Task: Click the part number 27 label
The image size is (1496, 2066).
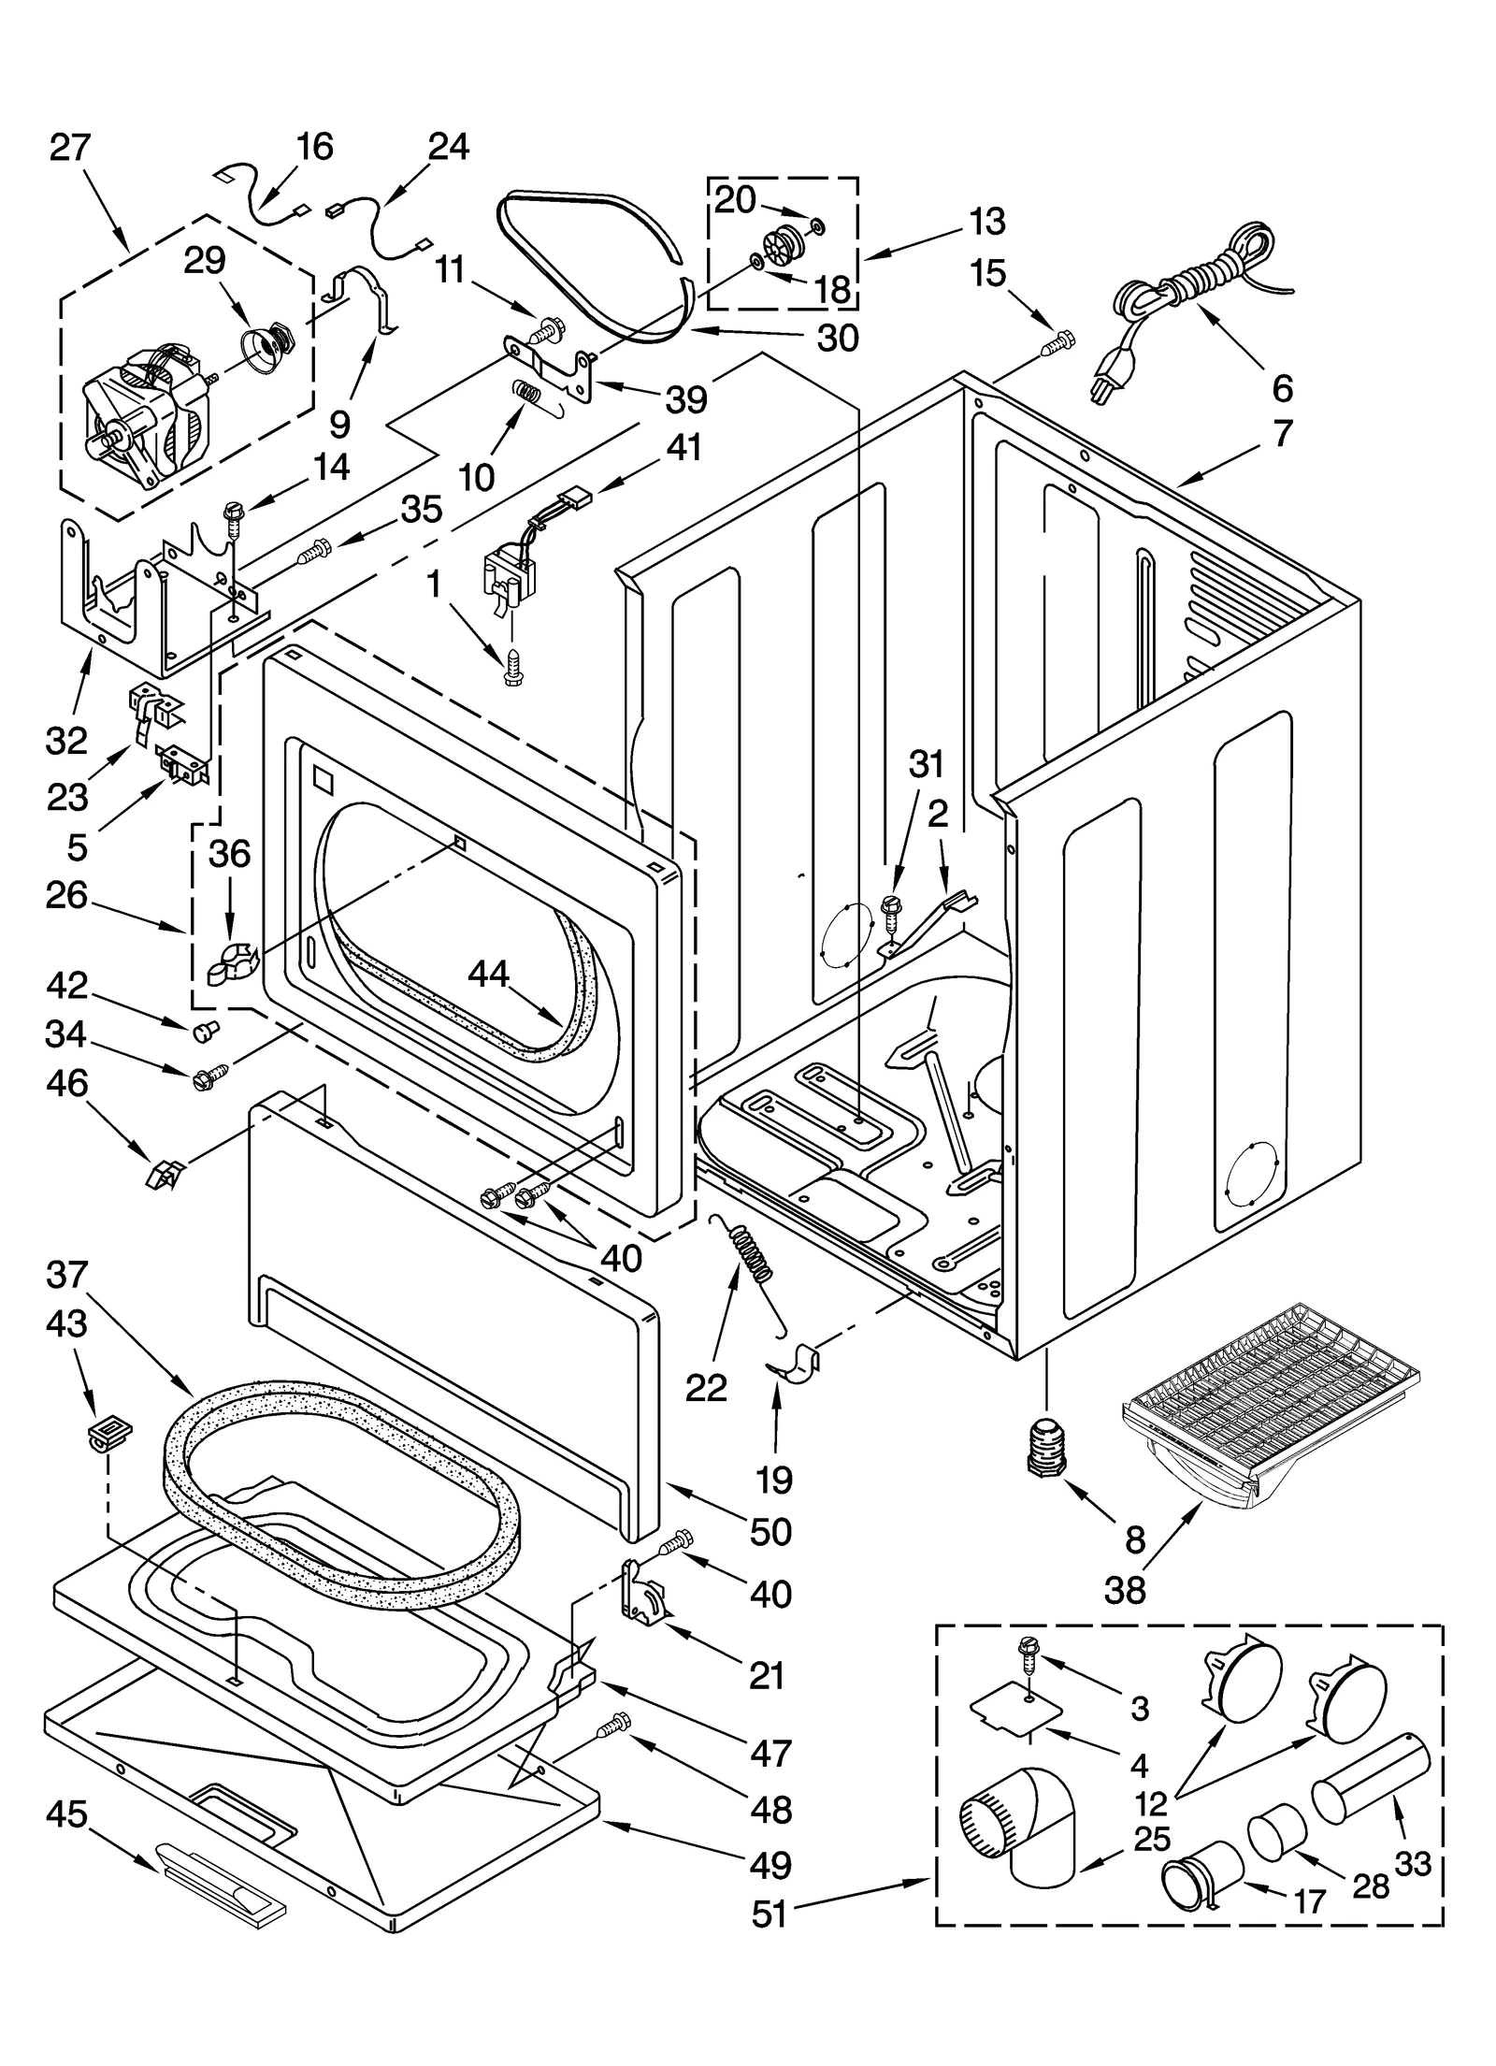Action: (x=69, y=148)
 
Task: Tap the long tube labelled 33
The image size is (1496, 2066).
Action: (x=1370, y=1770)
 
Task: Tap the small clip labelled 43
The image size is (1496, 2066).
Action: (x=109, y=1433)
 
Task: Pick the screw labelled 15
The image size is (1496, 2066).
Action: (x=1057, y=343)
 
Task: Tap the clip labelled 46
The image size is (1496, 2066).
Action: (x=164, y=1172)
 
